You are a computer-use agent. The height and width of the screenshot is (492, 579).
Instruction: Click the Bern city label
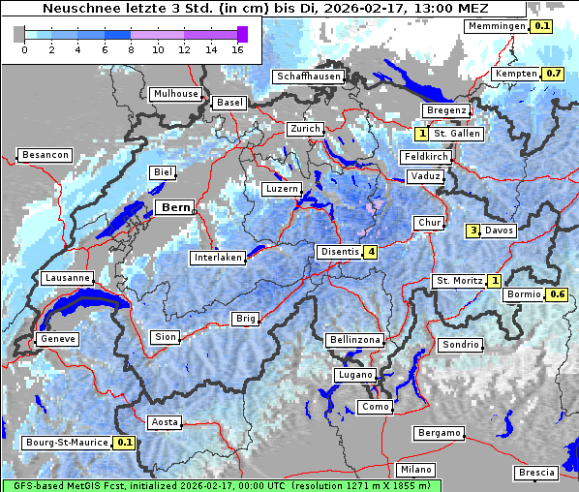click(176, 207)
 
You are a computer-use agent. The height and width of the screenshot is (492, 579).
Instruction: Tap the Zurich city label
click(304, 129)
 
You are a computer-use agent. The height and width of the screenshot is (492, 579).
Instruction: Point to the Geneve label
click(56, 339)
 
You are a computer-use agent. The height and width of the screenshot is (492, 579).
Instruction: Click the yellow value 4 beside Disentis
click(371, 253)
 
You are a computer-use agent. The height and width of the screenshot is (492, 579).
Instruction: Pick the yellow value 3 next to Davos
click(473, 231)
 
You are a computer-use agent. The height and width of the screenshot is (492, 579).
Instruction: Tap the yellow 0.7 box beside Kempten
click(553, 74)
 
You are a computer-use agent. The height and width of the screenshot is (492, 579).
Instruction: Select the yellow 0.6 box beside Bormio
click(557, 294)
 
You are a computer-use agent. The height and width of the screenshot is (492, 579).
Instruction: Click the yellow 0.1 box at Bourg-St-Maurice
click(124, 443)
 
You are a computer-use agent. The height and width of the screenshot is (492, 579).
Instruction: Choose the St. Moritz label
click(458, 281)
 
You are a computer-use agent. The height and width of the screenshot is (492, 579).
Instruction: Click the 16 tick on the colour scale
click(237, 49)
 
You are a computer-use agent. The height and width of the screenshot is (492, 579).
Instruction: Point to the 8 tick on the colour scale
click(131, 49)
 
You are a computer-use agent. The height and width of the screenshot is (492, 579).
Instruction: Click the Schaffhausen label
click(308, 77)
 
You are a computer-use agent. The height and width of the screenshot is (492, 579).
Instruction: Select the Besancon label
click(45, 155)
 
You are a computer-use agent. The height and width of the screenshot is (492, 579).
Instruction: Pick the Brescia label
click(536, 473)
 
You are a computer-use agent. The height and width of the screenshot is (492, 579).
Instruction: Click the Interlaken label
click(218, 258)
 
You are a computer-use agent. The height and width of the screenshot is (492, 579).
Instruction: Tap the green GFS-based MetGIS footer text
click(221, 485)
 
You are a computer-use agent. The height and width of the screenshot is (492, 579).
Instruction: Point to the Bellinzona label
click(355, 340)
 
